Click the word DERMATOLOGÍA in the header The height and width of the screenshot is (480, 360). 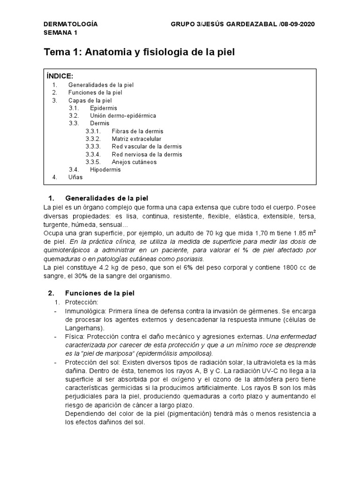pyautogui.click(x=70, y=24)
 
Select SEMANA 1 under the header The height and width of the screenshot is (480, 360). pyautogui.click(x=60, y=32)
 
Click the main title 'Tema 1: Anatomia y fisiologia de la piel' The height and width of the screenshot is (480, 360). pyautogui.click(x=139, y=52)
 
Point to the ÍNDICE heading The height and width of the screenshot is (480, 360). pyautogui.click(x=60, y=76)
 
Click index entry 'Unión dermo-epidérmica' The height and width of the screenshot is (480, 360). pyautogui.click(x=123, y=115)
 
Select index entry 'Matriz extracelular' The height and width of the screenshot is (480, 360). pyautogui.click(x=136, y=139)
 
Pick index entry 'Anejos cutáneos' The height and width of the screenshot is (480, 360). pyautogui.click(x=134, y=162)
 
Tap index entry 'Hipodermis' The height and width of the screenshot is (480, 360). pyautogui.click(x=105, y=170)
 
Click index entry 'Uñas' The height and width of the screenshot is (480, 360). pyautogui.click(x=75, y=177)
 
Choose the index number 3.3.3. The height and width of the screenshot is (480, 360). pyautogui.click(x=93, y=147)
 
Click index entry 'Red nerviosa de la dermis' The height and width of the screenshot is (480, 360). pyautogui.click(x=147, y=154)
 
